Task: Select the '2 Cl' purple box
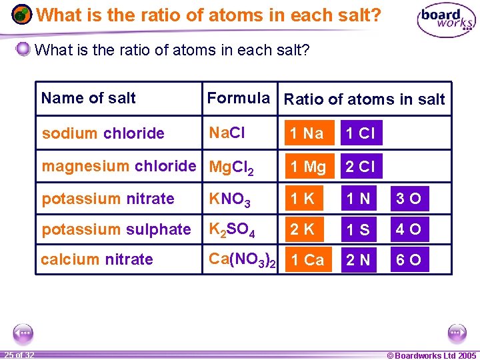(361, 167)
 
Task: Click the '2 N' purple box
(361, 260)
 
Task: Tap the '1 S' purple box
(361, 229)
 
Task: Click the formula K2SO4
(232, 229)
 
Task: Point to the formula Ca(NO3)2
(241, 260)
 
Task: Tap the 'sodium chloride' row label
(103, 133)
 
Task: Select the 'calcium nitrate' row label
(97, 259)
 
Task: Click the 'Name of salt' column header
(88, 99)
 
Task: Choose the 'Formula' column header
(238, 99)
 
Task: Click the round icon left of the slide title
(22, 14)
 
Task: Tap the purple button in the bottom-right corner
(457, 331)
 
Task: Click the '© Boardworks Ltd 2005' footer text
(432, 355)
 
